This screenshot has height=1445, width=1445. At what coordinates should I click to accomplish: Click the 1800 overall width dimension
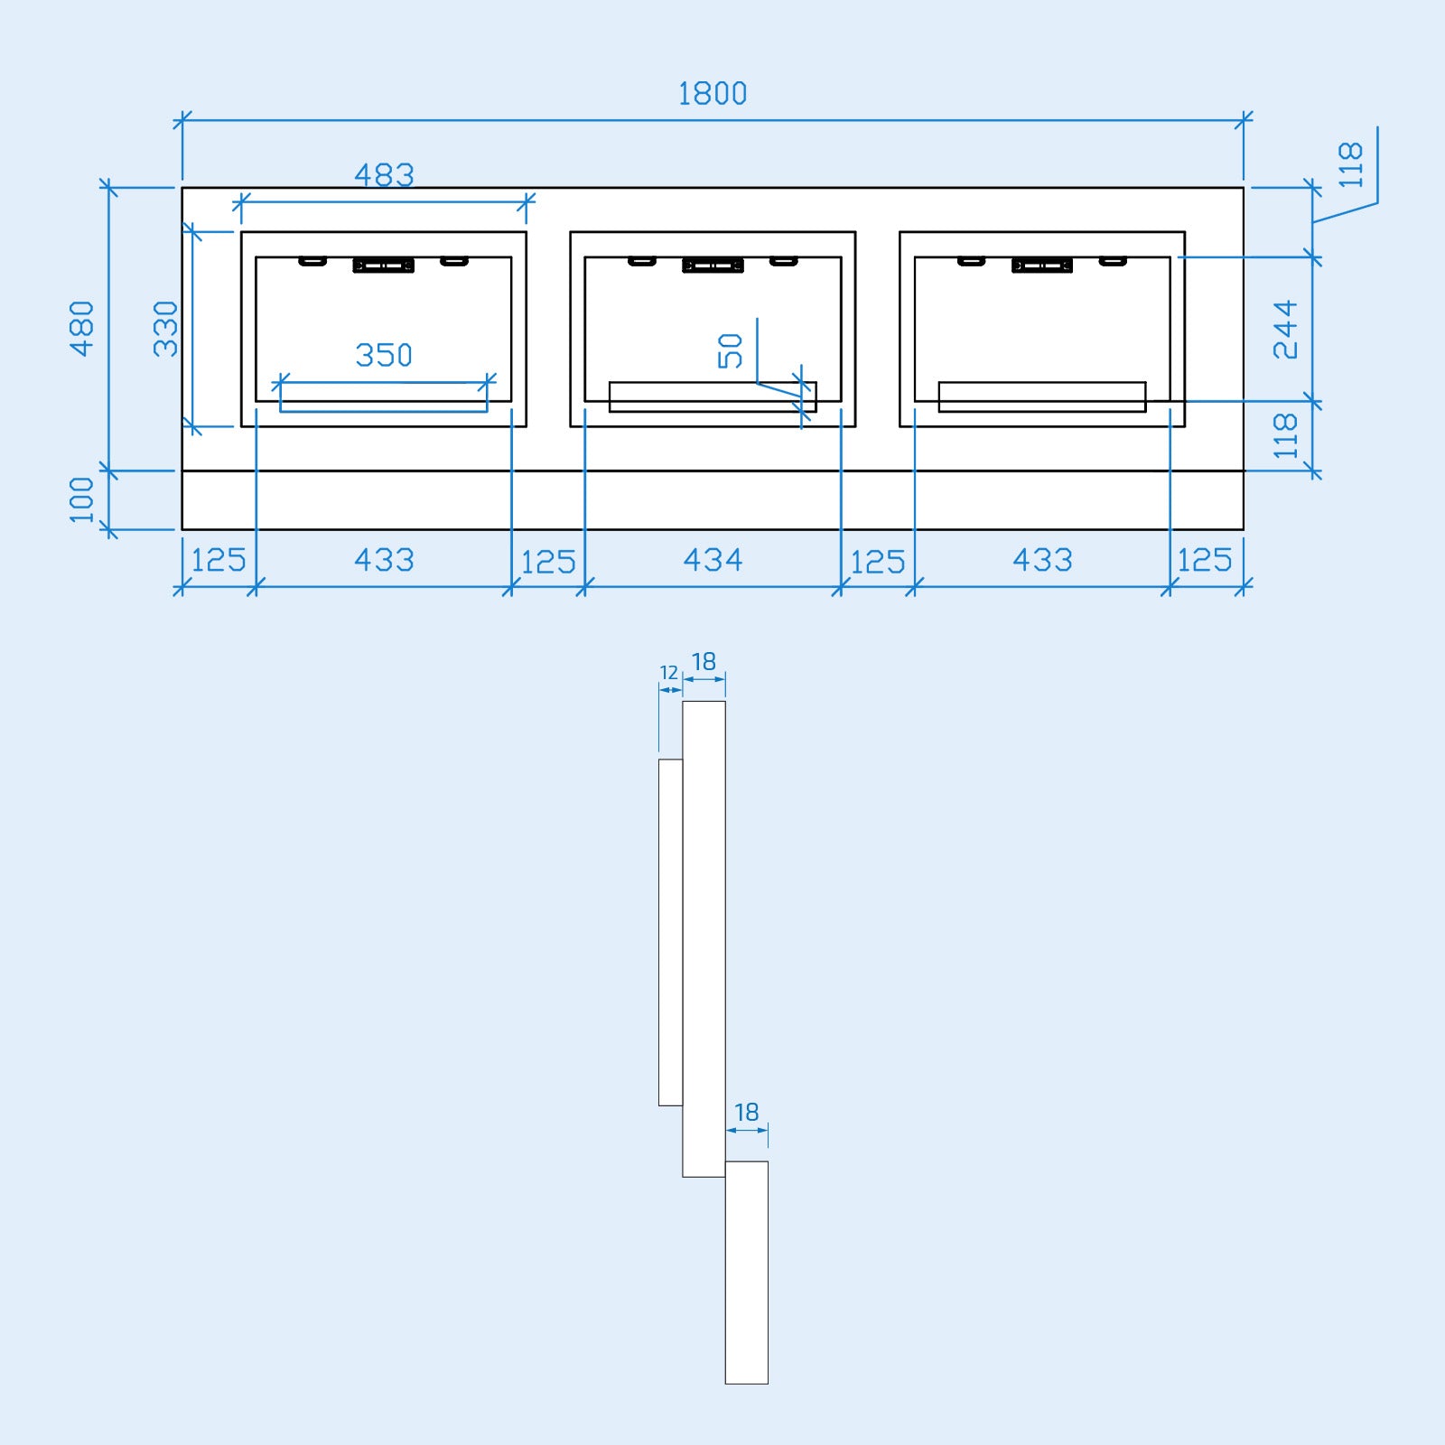pyautogui.click(x=713, y=94)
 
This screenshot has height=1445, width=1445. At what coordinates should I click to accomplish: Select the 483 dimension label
pyautogui.click(x=384, y=175)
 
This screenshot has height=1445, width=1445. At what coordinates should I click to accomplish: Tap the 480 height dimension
pyautogui.click(x=82, y=329)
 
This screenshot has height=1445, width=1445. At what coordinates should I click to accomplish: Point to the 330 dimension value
pyautogui.click(x=166, y=329)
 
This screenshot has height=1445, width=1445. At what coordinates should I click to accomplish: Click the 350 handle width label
pyautogui.click(x=384, y=355)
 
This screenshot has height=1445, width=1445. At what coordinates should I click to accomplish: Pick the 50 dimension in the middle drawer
pyautogui.click(x=731, y=350)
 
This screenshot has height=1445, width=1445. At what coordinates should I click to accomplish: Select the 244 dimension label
pyautogui.click(x=1285, y=330)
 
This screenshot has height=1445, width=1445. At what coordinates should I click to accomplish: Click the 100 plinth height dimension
pyautogui.click(x=82, y=499)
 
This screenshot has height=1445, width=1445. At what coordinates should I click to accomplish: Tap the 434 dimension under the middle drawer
pyautogui.click(x=713, y=560)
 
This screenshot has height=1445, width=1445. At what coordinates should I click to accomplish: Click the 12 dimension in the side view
pyautogui.click(x=668, y=673)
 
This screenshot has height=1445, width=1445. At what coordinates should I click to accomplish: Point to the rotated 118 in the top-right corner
pyautogui.click(x=1351, y=164)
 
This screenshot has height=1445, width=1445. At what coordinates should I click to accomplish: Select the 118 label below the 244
pyautogui.click(x=1285, y=436)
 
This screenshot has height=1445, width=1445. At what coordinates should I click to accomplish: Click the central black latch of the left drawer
pyautogui.click(x=384, y=266)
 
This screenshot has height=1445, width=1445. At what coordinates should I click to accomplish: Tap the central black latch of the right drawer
pyautogui.click(x=1042, y=266)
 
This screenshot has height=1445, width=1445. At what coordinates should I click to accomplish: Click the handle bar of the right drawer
pyautogui.click(x=1042, y=396)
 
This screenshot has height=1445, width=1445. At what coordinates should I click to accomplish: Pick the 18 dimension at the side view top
pyautogui.click(x=704, y=662)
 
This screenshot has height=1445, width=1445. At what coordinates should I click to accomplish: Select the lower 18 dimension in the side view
pyautogui.click(x=746, y=1112)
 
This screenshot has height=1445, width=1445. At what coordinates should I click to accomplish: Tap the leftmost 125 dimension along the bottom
pyautogui.click(x=219, y=560)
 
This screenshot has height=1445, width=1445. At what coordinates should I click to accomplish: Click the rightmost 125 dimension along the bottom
pyautogui.click(x=1205, y=560)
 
